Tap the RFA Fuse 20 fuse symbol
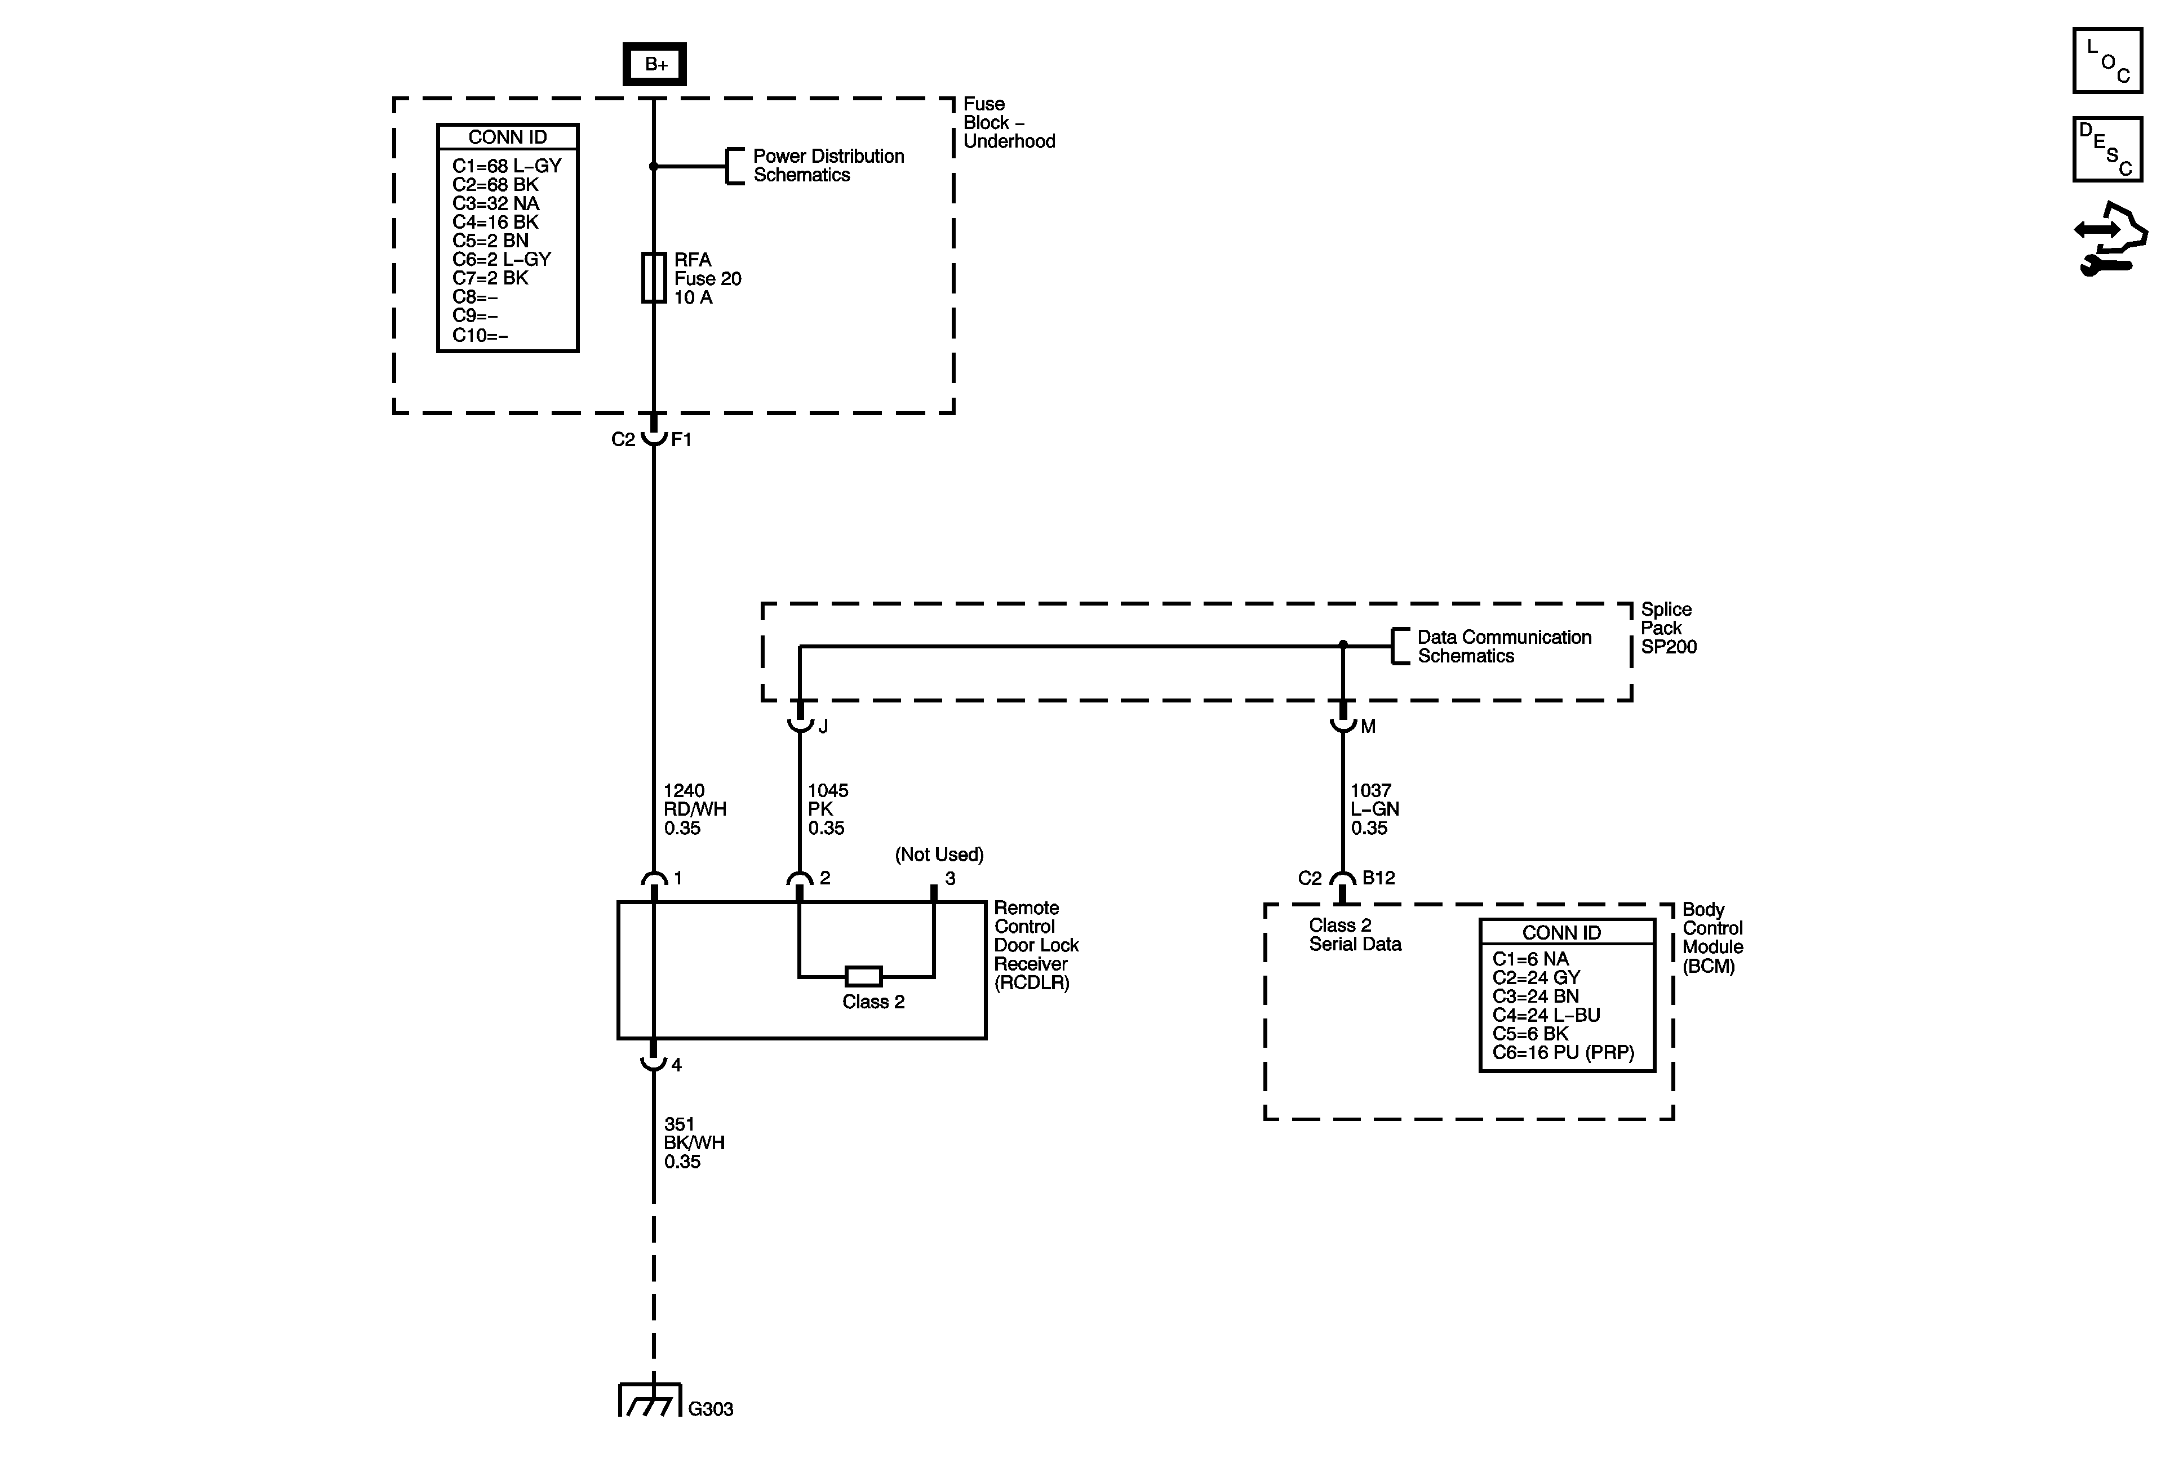(x=654, y=278)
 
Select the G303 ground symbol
(x=651, y=1401)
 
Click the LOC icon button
(x=2107, y=61)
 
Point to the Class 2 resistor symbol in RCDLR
(x=863, y=976)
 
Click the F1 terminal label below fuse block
(x=681, y=439)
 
